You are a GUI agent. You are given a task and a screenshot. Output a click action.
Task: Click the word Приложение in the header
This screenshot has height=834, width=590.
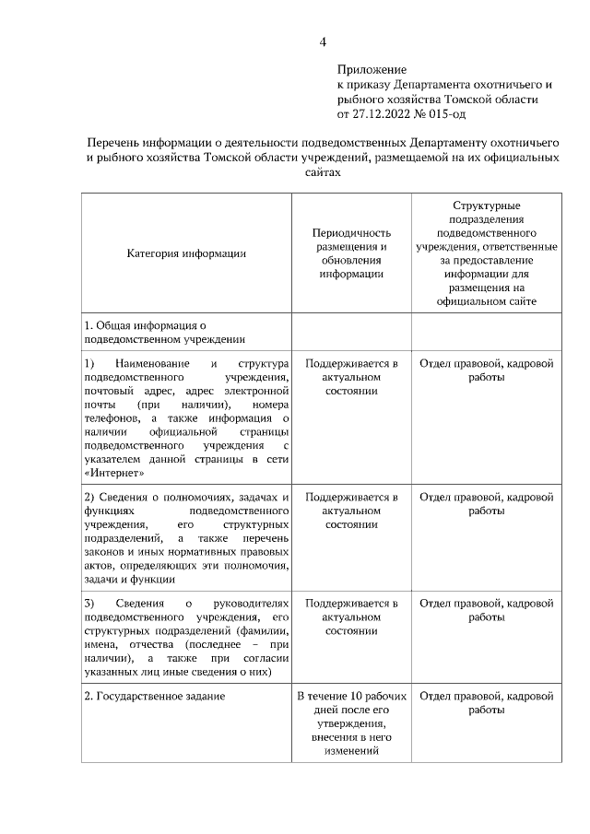coord(372,69)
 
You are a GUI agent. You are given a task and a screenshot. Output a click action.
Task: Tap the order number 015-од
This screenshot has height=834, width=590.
coord(444,113)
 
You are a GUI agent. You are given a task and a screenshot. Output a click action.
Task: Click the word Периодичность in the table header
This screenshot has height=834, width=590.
coord(352,233)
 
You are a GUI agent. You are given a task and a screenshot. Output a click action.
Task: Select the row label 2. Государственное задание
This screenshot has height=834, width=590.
coord(154,696)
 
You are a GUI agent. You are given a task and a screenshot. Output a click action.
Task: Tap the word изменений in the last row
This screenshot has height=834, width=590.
coord(351,752)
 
